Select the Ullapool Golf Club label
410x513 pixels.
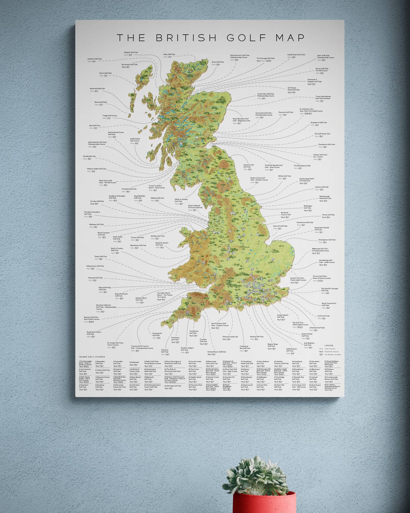[x=131, y=53]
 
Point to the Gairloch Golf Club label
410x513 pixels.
[x=95, y=59]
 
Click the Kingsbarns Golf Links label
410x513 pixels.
[x=319, y=122]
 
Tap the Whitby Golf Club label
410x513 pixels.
[x=284, y=176]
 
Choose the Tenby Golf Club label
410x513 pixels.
[x=101, y=256]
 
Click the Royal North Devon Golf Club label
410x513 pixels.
[x=94, y=333]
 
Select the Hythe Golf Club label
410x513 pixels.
[x=323, y=316]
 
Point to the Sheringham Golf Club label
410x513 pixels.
[x=327, y=240]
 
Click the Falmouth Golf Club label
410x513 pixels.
[x=165, y=351]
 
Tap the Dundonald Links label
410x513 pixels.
[x=89, y=156]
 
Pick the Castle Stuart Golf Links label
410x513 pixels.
[x=296, y=55]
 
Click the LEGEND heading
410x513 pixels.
[x=329, y=345]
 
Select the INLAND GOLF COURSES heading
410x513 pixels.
[x=92, y=357]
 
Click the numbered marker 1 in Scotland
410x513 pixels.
[x=197, y=138]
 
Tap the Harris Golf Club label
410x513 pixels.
[x=105, y=73]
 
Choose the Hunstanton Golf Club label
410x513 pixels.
[x=305, y=222]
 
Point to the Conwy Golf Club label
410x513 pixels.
[x=137, y=237]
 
